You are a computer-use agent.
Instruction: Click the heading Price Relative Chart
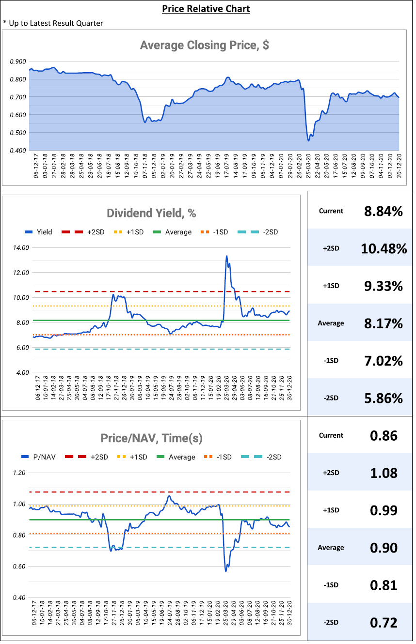(x=206, y=9)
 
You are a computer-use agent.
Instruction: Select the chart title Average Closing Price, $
(x=204, y=46)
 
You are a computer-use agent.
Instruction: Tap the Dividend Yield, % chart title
(x=151, y=213)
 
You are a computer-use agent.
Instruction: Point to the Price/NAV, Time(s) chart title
(x=151, y=438)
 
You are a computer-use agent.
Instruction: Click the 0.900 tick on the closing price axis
(x=18, y=61)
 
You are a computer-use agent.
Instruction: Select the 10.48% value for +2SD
(x=384, y=248)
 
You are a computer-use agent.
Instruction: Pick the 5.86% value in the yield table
(x=384, y=398)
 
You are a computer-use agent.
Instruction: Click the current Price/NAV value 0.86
(x=384, y=435)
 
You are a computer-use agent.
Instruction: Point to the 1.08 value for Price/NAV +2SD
(x=384, y=473)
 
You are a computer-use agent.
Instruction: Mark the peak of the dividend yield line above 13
(x=226, y=256)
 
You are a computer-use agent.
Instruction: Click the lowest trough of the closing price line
(x=308, y=140)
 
